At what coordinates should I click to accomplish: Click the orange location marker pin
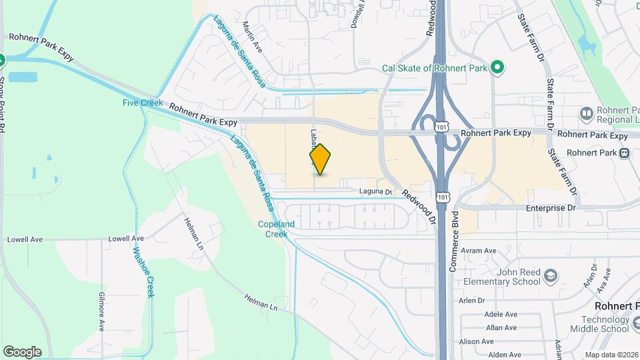[321, 159]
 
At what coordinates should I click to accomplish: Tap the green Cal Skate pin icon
[496, 67]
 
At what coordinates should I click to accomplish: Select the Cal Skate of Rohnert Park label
[435, 68]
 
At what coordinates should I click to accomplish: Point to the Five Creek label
[139, 103]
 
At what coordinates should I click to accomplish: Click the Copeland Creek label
[273, 229]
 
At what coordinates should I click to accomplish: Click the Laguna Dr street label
[375, 192]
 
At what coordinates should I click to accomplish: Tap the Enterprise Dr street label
[550, 209]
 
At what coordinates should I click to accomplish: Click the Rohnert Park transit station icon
[624, 153]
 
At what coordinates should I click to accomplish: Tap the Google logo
[22, 352]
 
